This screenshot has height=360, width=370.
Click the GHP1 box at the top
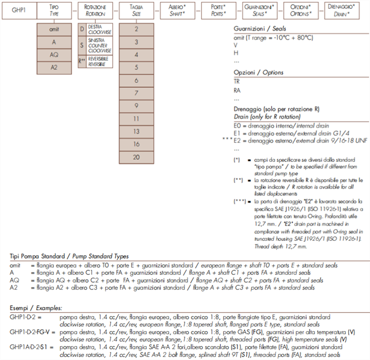(x=18, y=10)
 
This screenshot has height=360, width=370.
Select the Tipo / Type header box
(x=53, y=10)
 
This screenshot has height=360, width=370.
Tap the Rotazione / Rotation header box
(x=95, y=10)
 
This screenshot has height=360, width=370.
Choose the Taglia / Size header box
(x=136, y=10)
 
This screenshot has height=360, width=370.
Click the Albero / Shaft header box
(x=177, y=10)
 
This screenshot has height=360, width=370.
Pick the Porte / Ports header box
(x=218, y=10)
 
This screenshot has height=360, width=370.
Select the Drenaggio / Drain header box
(x=342, y=10)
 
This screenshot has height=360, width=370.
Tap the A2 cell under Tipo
(x=53, y=68)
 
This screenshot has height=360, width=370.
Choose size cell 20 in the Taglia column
(x=136, y=157)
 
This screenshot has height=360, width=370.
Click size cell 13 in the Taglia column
(x=136, y=132)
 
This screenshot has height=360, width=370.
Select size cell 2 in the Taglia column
(x=136, y=29)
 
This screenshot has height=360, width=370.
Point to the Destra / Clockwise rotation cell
(x=95, y=30)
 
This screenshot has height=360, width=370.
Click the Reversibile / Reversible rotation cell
(x=95, y=61)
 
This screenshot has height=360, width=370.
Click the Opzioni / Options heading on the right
(x=259, y=73)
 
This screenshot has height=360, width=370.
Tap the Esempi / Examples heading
(x=36, y=308)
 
